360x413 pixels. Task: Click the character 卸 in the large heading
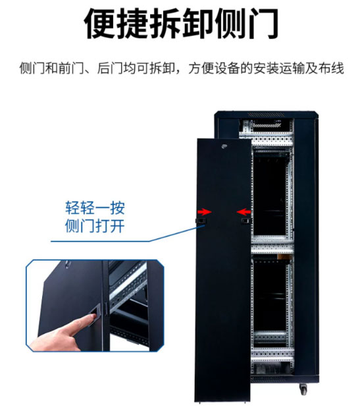(x=197, y=24)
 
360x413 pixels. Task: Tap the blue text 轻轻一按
(x=95, y=208)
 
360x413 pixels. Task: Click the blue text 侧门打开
(x=95, y=226)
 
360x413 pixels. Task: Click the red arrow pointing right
(x=205, y=211)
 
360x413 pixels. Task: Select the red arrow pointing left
(x=244, y=211)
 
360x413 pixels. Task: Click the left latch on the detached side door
(x=201, y=221)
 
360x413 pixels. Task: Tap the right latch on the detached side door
(x=246, y=221)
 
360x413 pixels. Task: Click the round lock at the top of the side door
(x=224, y=146)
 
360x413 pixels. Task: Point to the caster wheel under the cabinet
(x=303, y=389)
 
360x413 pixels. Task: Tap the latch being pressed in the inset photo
(x=96, y=314)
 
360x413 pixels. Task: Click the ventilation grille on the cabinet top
(x=267, y=115)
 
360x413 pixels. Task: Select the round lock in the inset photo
(x=67, y=263)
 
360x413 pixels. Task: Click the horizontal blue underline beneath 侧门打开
(x=100, y=241)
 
